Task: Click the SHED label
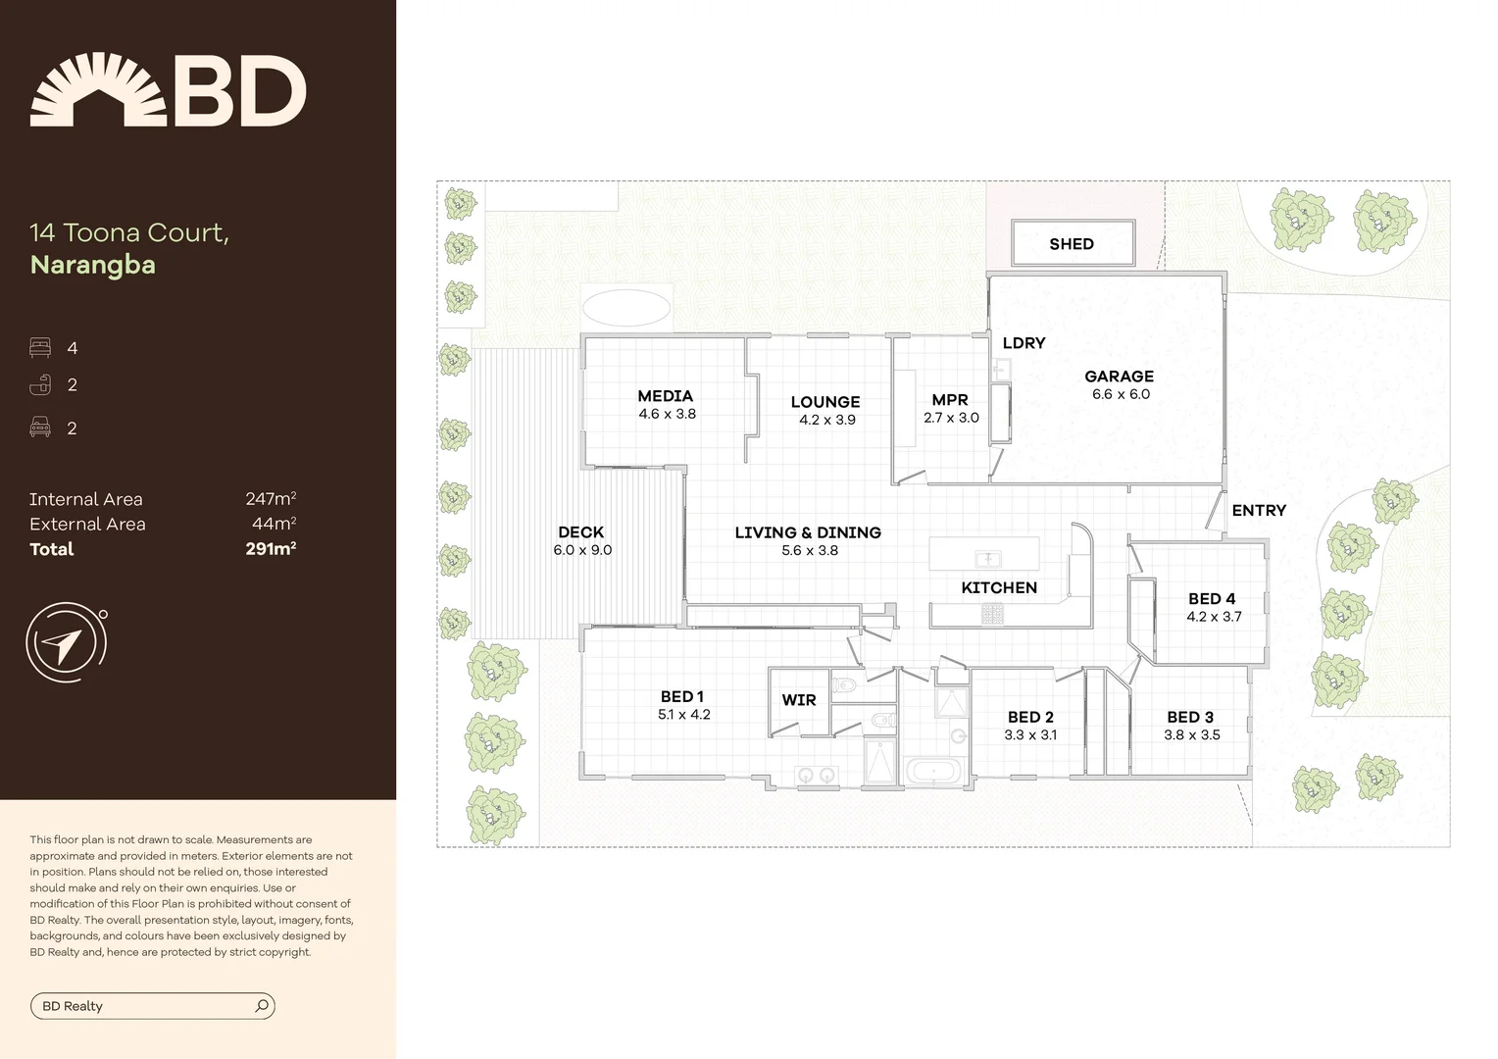point(1071,244)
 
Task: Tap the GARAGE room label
point(1119,377)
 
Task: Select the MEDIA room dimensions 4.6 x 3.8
point(667,414)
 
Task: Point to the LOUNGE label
point(824,402)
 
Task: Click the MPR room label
point(949,400)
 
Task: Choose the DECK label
point(580,532)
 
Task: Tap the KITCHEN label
point(998,587)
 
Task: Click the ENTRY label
point(1258,511)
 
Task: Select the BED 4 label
point(1212,599)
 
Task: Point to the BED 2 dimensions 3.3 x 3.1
point(1030,734)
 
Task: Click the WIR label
point(798,700)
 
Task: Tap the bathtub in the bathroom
point(934,771)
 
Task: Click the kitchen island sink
point(987,560)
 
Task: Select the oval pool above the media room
point(626,307)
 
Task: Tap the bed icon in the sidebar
point(40,348)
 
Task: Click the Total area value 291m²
point(271,549)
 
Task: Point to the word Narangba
point(93,265)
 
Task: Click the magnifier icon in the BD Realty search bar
point(262,1006)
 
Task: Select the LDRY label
point(1024,343)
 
